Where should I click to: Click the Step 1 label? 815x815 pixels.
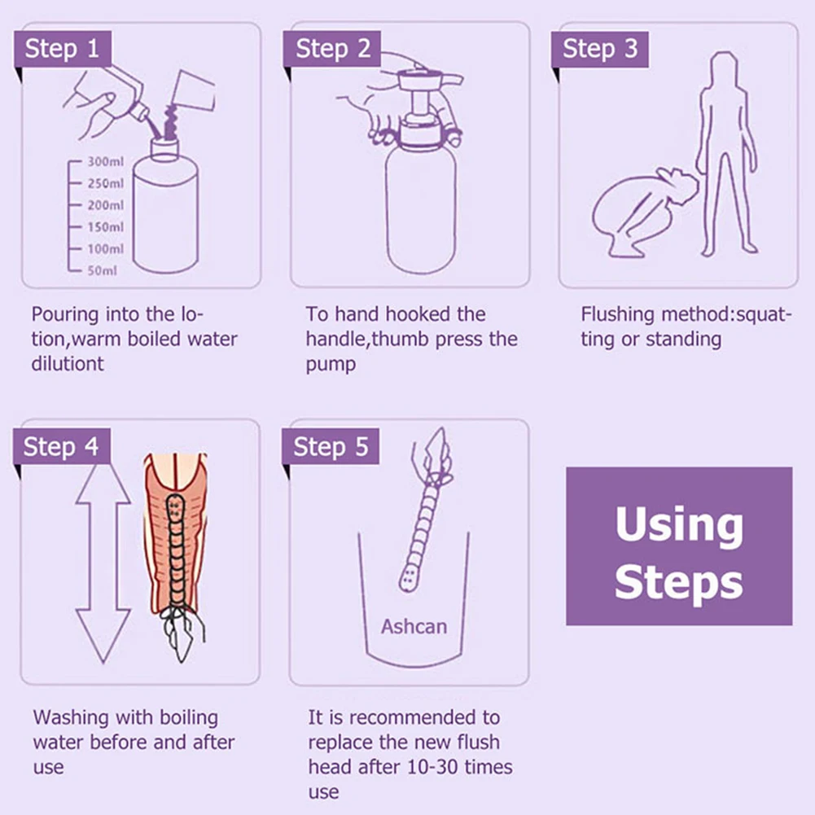coord(63,48)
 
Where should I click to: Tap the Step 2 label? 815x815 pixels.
coord(332,48)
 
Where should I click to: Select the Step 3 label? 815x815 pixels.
coord(600,49)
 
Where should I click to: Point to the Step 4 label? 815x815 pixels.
coord(61,446)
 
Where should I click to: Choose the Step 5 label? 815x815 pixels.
coord(331,446)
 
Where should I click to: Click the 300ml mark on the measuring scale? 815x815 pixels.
coord(106,162)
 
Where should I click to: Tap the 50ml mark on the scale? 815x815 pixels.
coord(103,270)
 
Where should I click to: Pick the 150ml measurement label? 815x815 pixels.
coord(106,227)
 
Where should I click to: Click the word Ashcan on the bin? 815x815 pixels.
coord(414,626)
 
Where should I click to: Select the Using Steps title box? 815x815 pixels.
coord(679,546)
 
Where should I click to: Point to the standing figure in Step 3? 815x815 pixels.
coord(726,153)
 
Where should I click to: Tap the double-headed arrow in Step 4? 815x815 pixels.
coord(103,563)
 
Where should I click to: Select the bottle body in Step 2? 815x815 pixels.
coord(421,208)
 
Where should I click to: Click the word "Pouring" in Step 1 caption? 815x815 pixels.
coord(65,315)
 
